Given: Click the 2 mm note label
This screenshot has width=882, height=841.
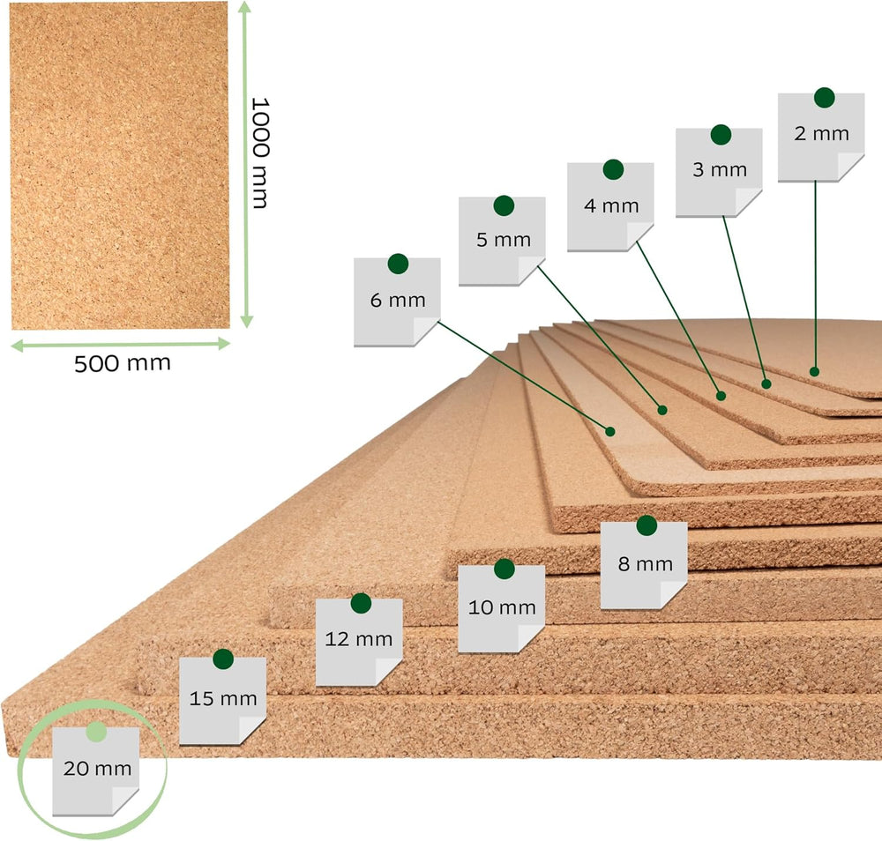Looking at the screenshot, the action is pyautogui.click(x=821, y=138).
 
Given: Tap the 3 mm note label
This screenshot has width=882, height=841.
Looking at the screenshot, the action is pyautogui.click(x=719, y=173).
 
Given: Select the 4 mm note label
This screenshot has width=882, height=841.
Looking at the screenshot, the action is pyautogui.click(x=610, y=207).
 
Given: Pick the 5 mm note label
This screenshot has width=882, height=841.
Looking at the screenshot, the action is pyautogui.click(x=502, y=242).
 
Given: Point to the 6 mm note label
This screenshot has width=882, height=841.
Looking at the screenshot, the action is pyautogui.click(x=397, y=301).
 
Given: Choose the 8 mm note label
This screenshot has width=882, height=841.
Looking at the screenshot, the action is pyautogui.click(x=644, y=565).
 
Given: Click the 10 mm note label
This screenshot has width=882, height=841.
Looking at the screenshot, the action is pyautogui.click(x=501, y=609).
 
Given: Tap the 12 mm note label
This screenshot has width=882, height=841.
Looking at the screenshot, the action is pyautogui.click(x=359, y=642).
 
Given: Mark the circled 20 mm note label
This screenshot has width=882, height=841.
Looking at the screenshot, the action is pyautogui.click(x=95, y=771).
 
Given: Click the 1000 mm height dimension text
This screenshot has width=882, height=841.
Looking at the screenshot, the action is pyautogui.click(x=260, y=153).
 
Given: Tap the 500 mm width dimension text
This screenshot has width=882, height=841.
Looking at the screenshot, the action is pyautogui.click(x=123, y=363).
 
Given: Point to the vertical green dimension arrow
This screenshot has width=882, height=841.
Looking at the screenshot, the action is pyautogui.click(x=246, y=164).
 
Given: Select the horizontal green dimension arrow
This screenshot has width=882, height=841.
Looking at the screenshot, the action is pyautogui.click(x=121, y=345).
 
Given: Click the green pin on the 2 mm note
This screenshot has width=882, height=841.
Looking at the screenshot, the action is pyautogui.click(x=824, y=98).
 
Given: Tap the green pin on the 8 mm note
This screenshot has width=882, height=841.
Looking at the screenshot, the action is pyautogui.click(x=647, y=525).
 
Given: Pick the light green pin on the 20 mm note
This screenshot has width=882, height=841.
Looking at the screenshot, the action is pyautogui.click(x=96, y=732).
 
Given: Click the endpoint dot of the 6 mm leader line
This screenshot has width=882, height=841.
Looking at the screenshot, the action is pyautogui.click(x=610, y=432).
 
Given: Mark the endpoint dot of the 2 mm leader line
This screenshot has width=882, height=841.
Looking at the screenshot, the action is pyautogui.click(x=814, y=372).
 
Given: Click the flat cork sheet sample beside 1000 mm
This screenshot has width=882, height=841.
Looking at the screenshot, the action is pyautogui.click(x=120, y=165).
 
